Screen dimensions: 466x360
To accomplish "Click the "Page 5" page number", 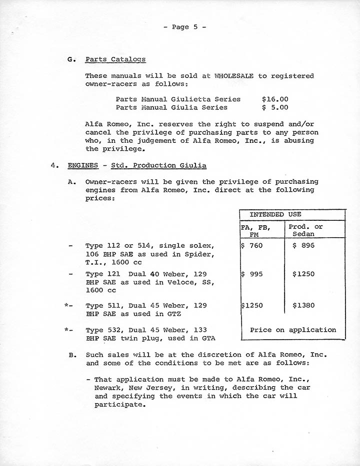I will [180, 27].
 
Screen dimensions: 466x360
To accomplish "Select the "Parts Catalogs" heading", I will [115, 59].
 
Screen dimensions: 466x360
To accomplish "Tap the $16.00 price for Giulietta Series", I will [274, 99].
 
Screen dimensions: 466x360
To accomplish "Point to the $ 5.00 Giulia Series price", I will [274, 107].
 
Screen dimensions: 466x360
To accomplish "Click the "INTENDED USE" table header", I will [275, 214].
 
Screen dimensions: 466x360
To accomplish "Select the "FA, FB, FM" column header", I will [255, 230].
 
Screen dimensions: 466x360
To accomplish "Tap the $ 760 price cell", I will [253, 246].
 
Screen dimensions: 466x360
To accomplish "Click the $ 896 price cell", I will [303, 246].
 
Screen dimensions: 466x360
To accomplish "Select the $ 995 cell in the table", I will [253, 274].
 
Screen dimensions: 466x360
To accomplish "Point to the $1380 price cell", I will [303, 305].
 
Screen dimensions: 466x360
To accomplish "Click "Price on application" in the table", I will [293, 330].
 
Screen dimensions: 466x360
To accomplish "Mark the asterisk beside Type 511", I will [66, 305].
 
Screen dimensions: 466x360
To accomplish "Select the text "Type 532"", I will [102, 330].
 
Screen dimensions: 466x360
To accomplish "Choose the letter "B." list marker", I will [72, 355].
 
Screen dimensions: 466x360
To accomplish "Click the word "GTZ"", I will [173, 314].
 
